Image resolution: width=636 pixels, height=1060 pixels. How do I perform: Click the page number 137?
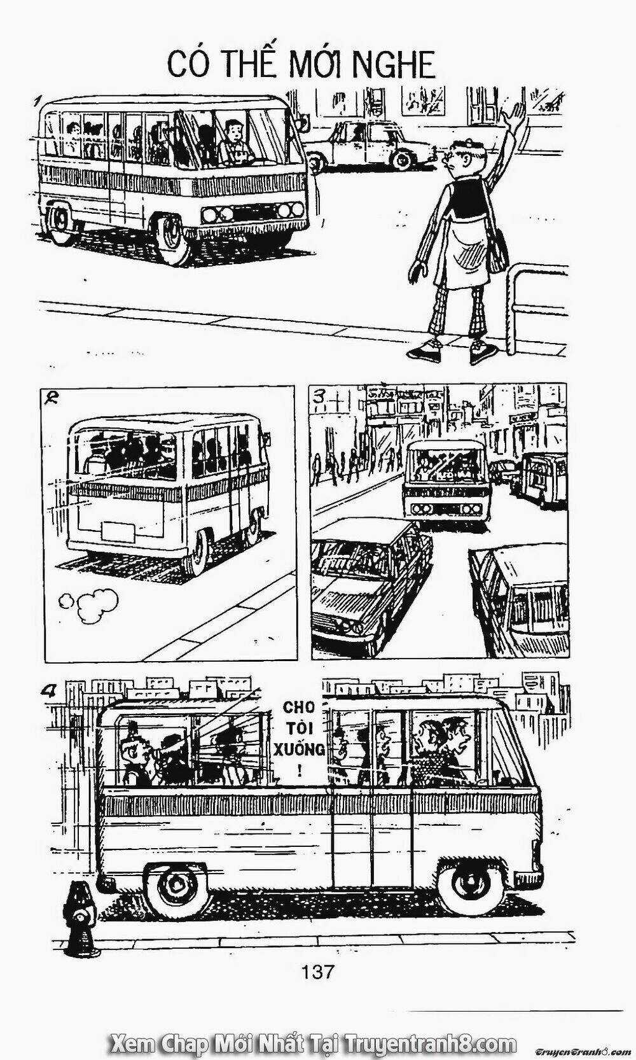point(317,972)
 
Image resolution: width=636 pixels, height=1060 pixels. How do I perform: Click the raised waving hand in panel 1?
point(514,116)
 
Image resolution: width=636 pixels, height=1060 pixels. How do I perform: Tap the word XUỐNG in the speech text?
point(300,749)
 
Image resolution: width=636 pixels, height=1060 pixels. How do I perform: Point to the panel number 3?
point(320,396)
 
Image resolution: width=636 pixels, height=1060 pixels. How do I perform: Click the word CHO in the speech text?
point(299,707)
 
